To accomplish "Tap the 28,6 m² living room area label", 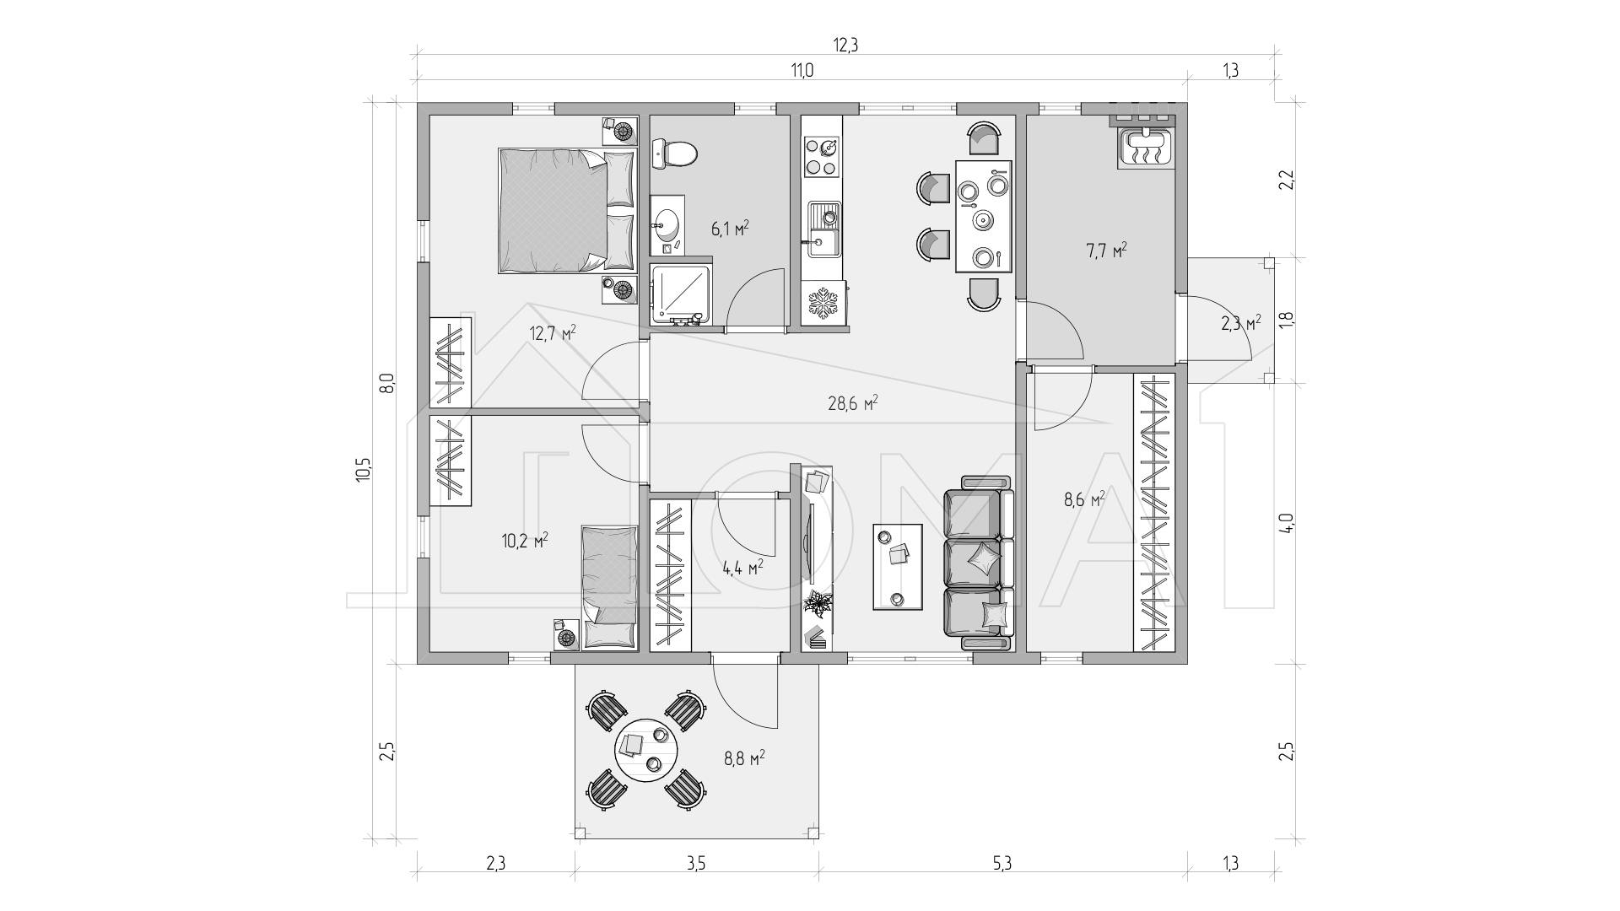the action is tap(853, 403).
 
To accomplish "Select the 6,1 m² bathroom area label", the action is tap(730, 229).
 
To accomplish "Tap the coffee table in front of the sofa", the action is tap(897, 566).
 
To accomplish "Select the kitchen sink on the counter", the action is tap(824, 229).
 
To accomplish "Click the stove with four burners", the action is tap(822, 157).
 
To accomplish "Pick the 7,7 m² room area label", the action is tap(1107, 251).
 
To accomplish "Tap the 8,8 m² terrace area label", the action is tap(744, 757).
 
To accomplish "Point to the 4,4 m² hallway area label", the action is tap(742, 567).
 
